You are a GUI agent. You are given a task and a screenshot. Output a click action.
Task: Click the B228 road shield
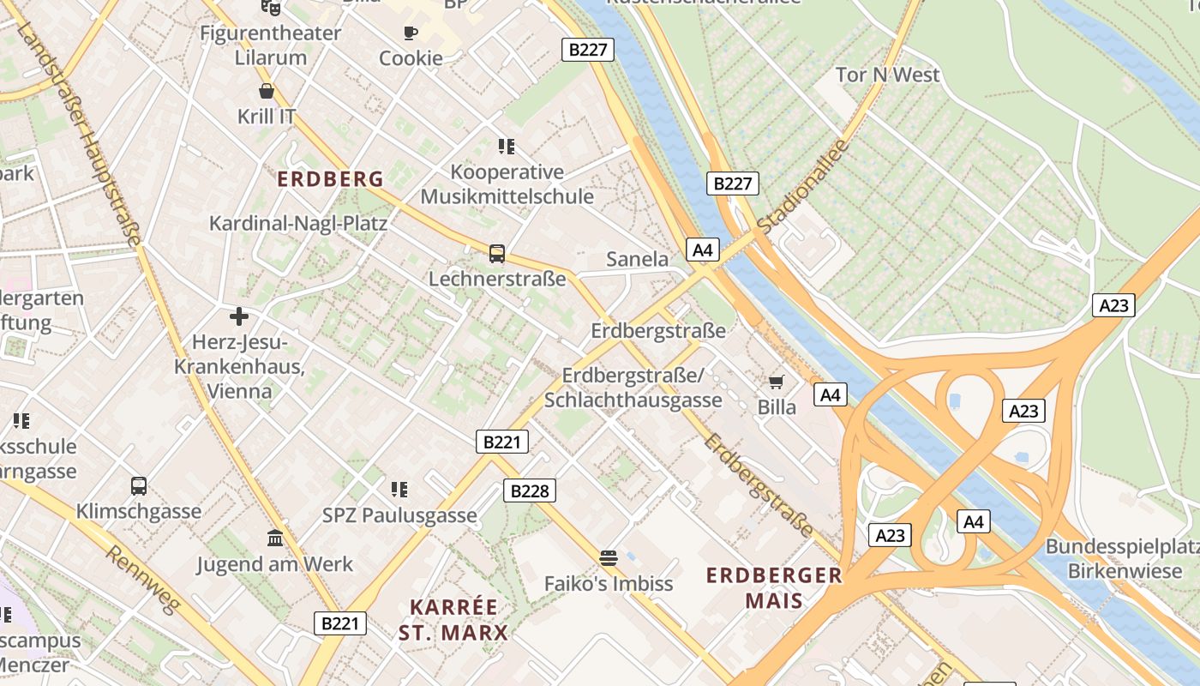point(529,490)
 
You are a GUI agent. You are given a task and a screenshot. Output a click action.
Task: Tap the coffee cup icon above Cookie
point(411,33)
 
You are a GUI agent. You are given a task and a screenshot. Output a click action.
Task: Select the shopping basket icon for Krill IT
point(267,91)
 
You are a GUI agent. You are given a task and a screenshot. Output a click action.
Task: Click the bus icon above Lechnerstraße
point(497,254)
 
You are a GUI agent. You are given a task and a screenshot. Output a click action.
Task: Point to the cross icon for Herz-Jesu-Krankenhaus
point(239,316)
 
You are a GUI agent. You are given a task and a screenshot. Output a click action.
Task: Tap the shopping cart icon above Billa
point(777,382)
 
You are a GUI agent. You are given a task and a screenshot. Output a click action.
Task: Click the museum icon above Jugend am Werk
point(275,539)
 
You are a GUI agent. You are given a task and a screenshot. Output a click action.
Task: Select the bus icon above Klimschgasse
point(139,486)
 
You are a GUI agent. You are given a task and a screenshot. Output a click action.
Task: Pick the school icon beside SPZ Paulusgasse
point(399,490)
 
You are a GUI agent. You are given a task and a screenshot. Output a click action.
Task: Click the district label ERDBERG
point(331,179)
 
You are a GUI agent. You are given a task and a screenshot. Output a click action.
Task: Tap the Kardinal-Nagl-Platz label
point(298,224)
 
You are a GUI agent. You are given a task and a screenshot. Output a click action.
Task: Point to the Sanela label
point(637,259)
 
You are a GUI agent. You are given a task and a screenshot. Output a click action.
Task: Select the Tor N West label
point(887,75)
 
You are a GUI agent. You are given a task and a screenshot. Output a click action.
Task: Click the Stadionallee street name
point(803,185)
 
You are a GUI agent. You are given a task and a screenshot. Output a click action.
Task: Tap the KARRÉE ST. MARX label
point(453,620)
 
